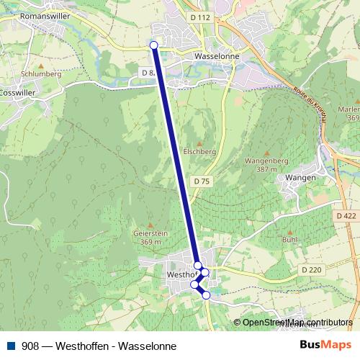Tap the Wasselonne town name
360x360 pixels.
(216, 53)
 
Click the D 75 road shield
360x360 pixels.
(202, 181)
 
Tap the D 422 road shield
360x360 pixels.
(346, 215)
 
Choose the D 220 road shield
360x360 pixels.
(311, 269)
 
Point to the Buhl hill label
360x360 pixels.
(289, 239)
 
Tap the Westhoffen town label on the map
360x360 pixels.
(181, 275)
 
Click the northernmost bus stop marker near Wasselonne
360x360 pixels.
(153, 45)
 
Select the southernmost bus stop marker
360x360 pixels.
(206, 295)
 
